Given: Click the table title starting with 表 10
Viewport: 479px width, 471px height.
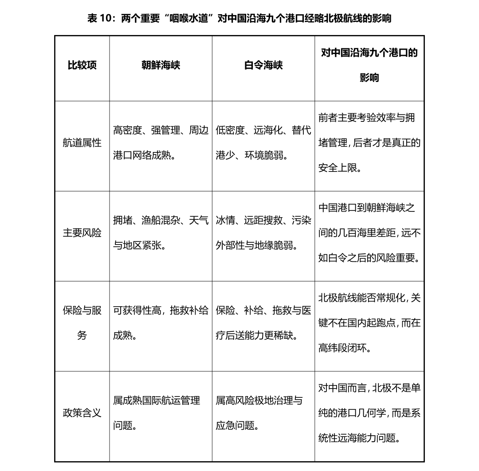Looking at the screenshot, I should (x=239, y=18).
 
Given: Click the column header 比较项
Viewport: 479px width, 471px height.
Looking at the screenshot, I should (x=82, y=66).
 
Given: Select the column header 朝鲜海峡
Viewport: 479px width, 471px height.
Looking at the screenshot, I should (x=161, y=66).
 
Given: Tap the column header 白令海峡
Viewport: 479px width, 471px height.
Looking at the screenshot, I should (x=263, y=66).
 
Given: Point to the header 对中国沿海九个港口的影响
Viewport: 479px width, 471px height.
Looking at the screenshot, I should (x=369, y=65).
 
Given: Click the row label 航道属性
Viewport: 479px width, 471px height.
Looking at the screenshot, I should (x=82, y=143).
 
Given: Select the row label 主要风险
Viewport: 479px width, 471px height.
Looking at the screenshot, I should (x=82, y=233).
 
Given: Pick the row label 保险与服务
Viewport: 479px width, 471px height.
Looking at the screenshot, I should (x=82, y=323).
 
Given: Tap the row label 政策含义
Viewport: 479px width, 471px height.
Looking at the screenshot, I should (x=82, y=413).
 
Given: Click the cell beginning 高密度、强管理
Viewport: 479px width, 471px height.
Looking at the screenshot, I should (x=161, y=143).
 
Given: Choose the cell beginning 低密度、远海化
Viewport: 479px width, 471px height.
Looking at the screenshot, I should (x=263, y=143).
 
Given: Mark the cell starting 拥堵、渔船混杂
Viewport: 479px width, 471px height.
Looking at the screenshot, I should (x=161, y=233).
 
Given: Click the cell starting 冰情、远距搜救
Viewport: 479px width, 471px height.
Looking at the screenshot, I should (x=263, y=233).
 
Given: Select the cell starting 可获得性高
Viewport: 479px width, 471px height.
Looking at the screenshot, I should (x=161, y=323).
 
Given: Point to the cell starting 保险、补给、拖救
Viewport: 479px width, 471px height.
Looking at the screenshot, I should (x=263, y=323).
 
